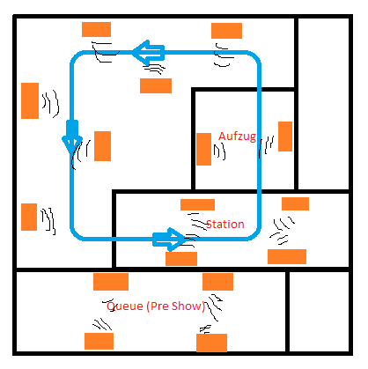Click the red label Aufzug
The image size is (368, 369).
point(237,137)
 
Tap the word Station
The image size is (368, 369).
point(225,225)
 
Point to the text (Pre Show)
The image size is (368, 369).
point(176,306)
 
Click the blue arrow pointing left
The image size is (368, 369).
point(148,53)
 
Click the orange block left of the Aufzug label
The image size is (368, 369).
point(203,149)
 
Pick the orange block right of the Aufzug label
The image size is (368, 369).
point(285,137)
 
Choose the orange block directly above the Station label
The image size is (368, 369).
point(197,204)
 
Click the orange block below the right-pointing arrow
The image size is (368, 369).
point(181,259)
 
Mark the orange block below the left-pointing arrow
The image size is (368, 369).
point(156,85)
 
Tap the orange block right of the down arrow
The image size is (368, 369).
point(102,146)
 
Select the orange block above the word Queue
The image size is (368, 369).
point(111,282)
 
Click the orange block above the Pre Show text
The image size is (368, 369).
point(217,282)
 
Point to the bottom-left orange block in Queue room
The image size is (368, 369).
point(99,341)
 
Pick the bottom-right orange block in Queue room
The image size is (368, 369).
point(211,343)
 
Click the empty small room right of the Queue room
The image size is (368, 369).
point(319,312)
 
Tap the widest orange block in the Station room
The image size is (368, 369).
point(287,256)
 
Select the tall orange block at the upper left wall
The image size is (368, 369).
point(30,100)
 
